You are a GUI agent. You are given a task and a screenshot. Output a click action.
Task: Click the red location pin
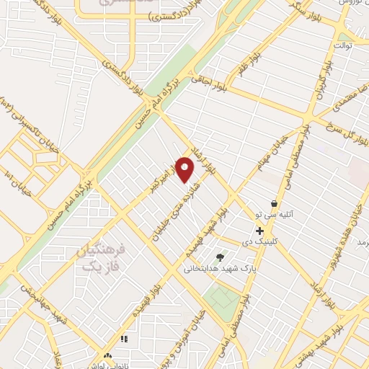point(185,170)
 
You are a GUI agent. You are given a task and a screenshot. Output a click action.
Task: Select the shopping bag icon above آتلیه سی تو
point(273,204)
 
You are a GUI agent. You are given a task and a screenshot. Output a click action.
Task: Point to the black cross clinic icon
point(259,231)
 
